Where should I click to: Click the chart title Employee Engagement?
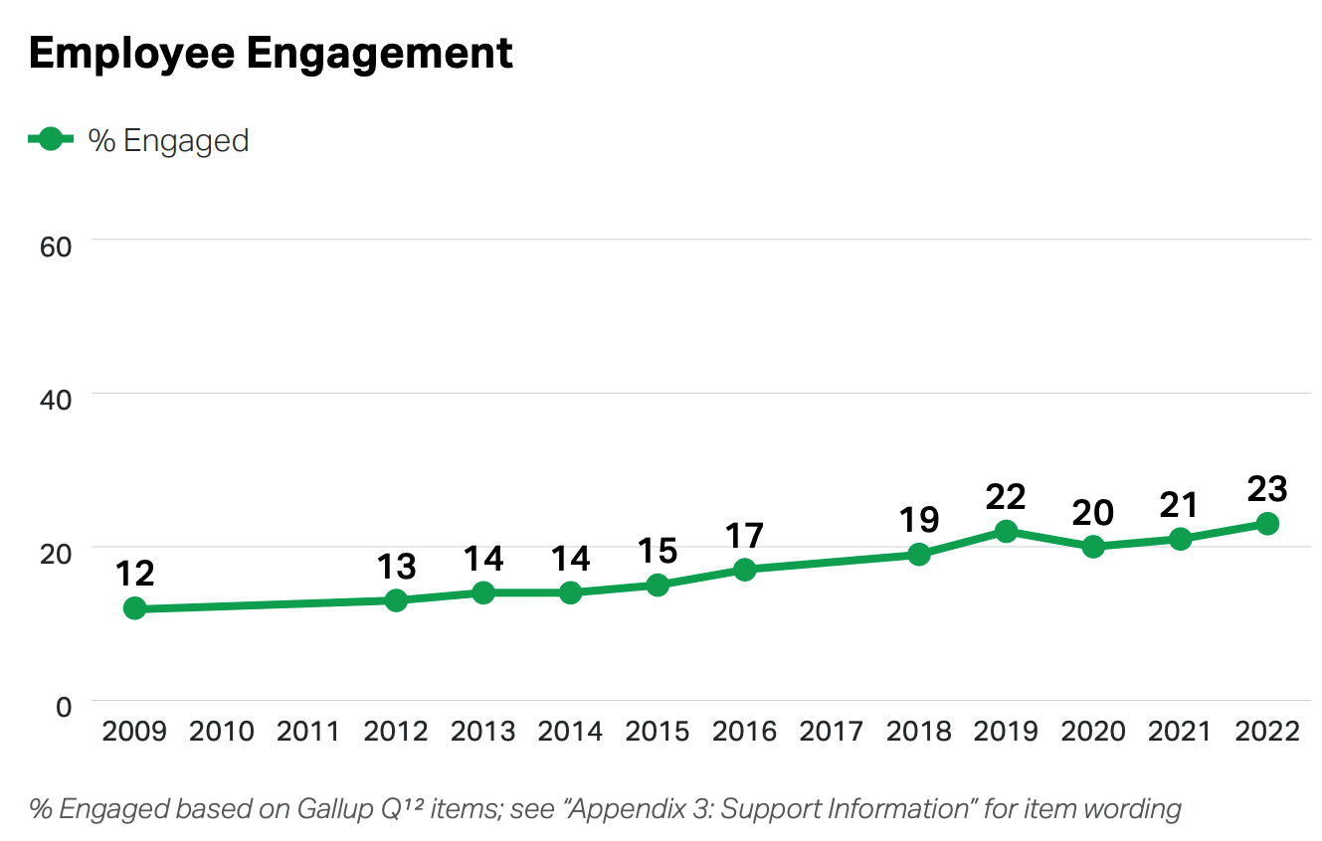271,53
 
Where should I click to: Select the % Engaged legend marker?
52,140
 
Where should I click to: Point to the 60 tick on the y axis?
56,246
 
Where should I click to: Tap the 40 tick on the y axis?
56,399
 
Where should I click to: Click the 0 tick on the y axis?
64,707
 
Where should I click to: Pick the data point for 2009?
135,608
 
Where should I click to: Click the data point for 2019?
1006,531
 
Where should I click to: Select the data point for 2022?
1267,523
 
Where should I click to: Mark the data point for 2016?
744,570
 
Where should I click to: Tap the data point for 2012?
396,600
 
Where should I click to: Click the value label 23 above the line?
1267,489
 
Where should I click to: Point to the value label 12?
135,574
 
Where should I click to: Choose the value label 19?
919,520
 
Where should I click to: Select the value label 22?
1006,497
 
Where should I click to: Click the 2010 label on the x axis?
222,732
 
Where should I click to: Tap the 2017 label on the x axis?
832,732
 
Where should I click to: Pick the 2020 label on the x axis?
1093,732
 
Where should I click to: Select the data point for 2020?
1093,546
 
